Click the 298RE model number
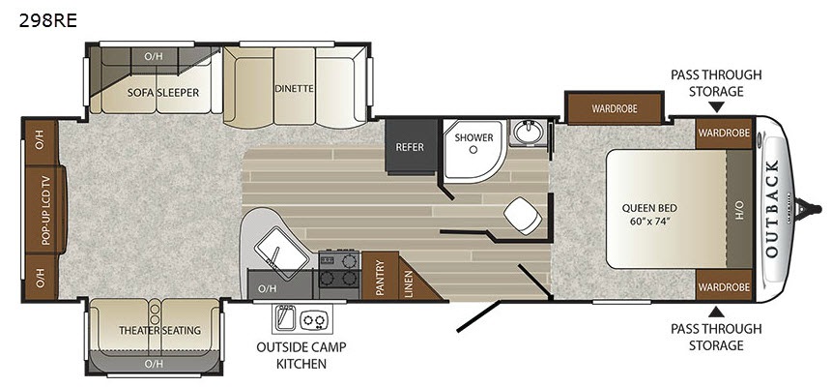pyautogui.click(x=47, y=20)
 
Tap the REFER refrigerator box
pyautogui.click(x=411, y=147)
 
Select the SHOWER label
pyautogui.click(x=473, y=137)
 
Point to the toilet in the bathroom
pyautogui.click(x=523, y=216)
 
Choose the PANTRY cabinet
pyautogui.click(x=381, y=276)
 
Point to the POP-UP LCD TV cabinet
pyautogui.click(x=45, y=209)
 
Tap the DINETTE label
pyautogui.click(x=295, y=89)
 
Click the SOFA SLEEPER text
pyautogui.click(x=163, y=93)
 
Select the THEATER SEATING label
pyautogui.click(x=159, y=330)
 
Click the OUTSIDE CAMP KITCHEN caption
pyautogui.click(x=301, y=355)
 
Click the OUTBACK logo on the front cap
pyautogui.click(x=772, y=208)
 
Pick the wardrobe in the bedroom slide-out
pyautogui.click(x=615, y=108)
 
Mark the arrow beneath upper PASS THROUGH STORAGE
pyautogui.click(x=716, y=108)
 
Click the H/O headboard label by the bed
pyautogui.click(x=739, y=208)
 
